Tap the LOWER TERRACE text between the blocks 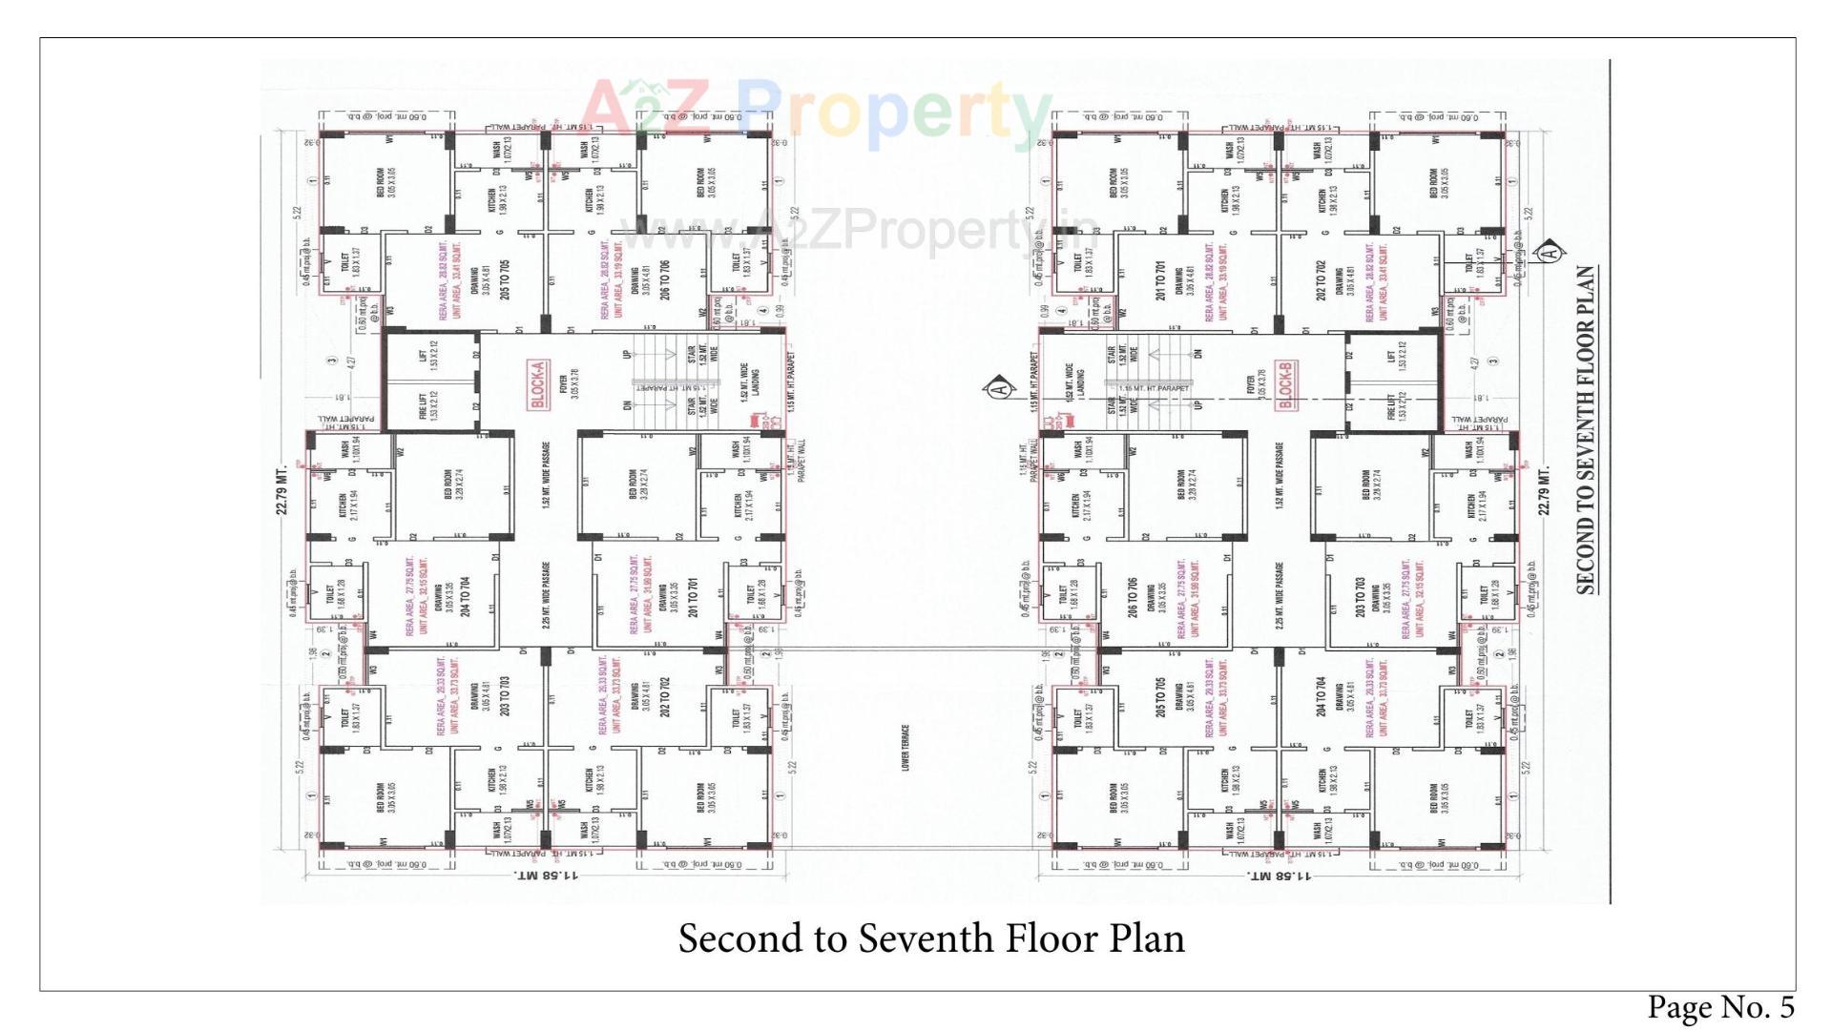click(906, 748)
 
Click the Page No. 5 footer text click(1720, 1007)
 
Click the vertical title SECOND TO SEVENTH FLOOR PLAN click(1586, 429)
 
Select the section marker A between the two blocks click(999, 389)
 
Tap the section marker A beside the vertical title click(1551, 252)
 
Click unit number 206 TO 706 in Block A click(665, 279)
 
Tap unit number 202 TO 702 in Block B click(1322, 279)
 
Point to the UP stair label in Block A click(627, 354)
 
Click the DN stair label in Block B click(1198, 354)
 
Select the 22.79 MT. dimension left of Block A click(282, 490)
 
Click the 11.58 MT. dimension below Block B click(1276, 875)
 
